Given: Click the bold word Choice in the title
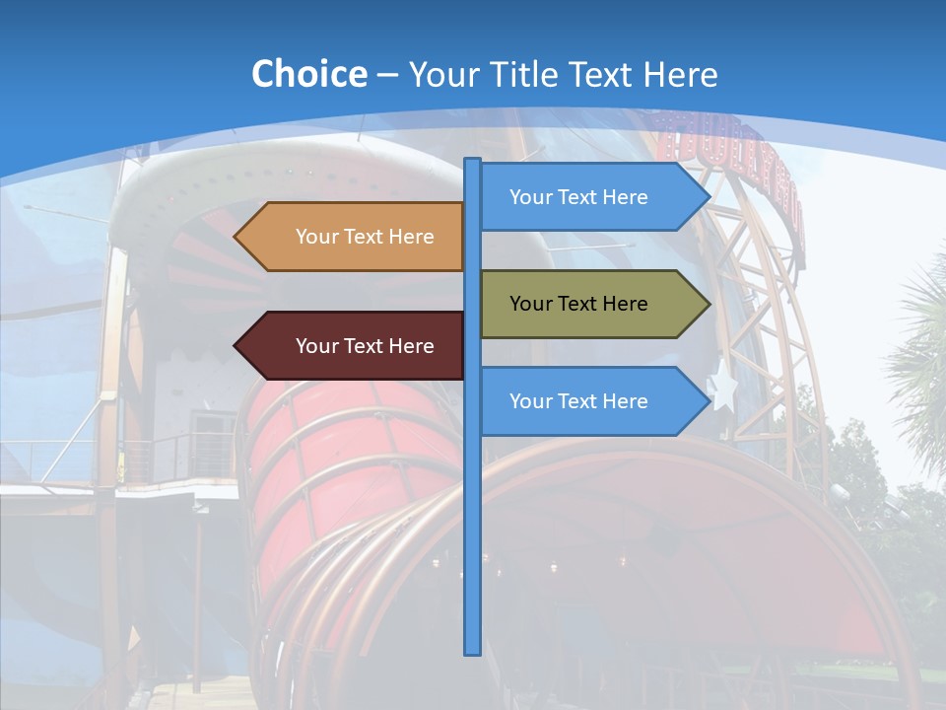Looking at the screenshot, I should [308, 74].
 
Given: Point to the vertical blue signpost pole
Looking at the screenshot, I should [472, 493].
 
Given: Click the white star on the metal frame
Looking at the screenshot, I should [724, 390].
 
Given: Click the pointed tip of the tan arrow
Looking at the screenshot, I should [236, 237].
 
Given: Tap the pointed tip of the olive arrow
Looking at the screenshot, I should [709, 304].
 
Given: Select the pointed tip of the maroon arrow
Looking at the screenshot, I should [236, 346].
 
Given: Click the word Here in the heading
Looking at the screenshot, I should [680, 74].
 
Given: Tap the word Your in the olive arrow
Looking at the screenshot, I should [529, 304].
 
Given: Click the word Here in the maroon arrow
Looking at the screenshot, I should [412, 346].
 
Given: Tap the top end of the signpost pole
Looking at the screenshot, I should [472, 161].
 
